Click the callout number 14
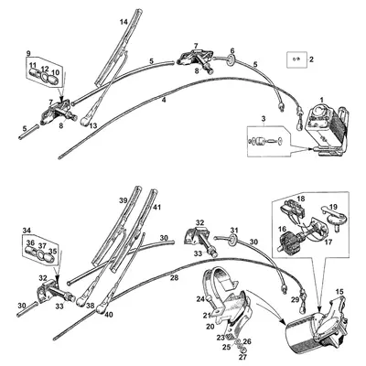123,21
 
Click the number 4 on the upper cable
163,97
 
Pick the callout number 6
232,51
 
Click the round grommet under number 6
233,62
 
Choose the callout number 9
29,52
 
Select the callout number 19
335,208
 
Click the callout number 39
123,199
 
